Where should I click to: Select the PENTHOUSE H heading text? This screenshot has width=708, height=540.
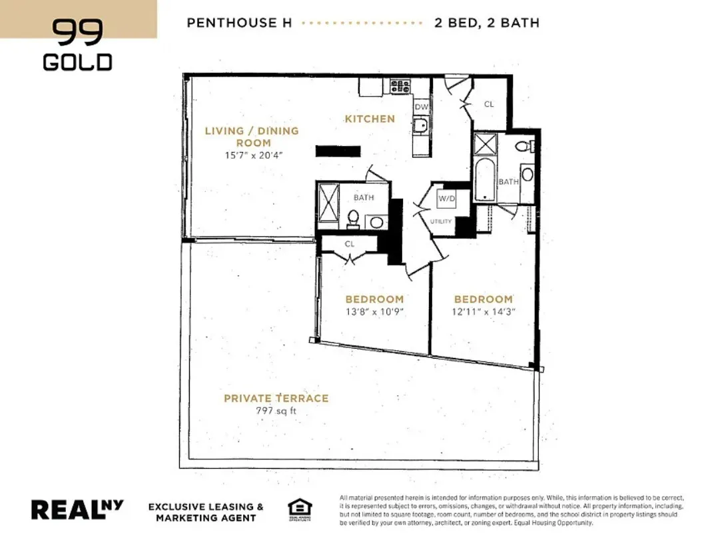[240, 23]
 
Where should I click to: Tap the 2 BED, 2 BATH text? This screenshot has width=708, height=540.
[486, 23]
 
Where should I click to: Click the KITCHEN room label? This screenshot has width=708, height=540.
[370, 119]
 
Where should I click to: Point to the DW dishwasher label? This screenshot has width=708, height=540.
[421, 107]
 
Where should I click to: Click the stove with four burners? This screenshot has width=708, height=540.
[400, 86]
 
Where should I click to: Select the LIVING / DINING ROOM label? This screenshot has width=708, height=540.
[252, 137]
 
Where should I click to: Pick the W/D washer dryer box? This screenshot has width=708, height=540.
[446, 199]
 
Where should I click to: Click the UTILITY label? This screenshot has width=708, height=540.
[441, 221]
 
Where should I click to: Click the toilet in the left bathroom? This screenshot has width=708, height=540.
[354, 219]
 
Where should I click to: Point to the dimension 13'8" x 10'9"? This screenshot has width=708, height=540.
[374, 311]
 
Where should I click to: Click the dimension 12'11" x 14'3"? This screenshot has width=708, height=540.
[484, 311]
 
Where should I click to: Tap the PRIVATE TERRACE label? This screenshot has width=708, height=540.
[276, 398]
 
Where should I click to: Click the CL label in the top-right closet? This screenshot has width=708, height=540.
[489, 104]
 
